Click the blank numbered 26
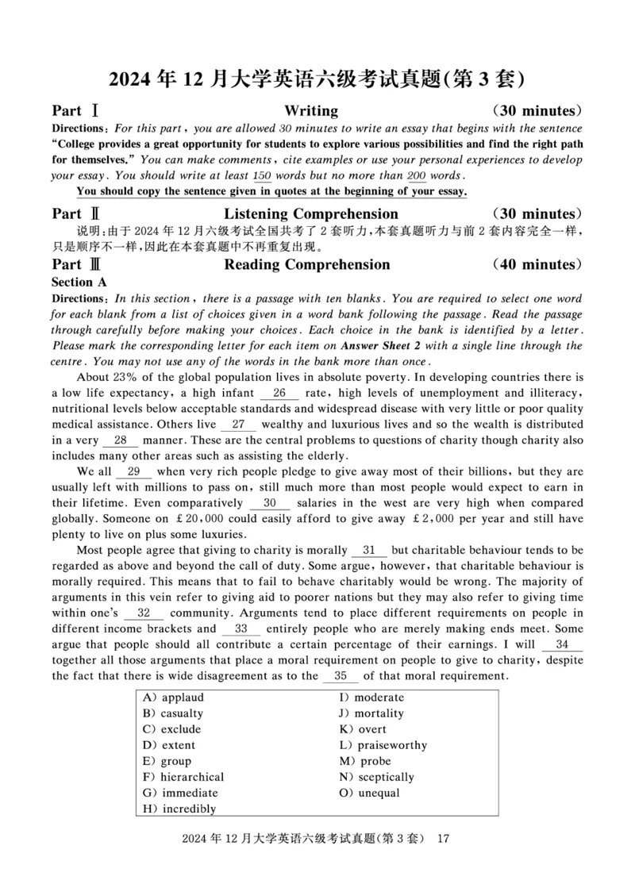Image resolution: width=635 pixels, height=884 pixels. [279, 393]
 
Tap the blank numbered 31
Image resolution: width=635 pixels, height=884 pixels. [369, 550]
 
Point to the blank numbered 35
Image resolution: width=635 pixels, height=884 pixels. [341, 676]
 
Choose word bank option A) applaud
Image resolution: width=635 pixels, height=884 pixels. [173, 698]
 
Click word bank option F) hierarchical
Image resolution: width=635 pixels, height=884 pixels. [183, 777]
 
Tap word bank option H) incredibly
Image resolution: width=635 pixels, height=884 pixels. [179, 809]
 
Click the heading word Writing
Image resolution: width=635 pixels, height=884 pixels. [310, 110]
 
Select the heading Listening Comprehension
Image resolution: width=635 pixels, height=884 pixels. [310, 213]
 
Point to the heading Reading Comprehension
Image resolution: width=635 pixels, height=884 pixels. [306, 264]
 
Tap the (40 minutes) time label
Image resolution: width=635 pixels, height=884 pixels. [537, 264]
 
